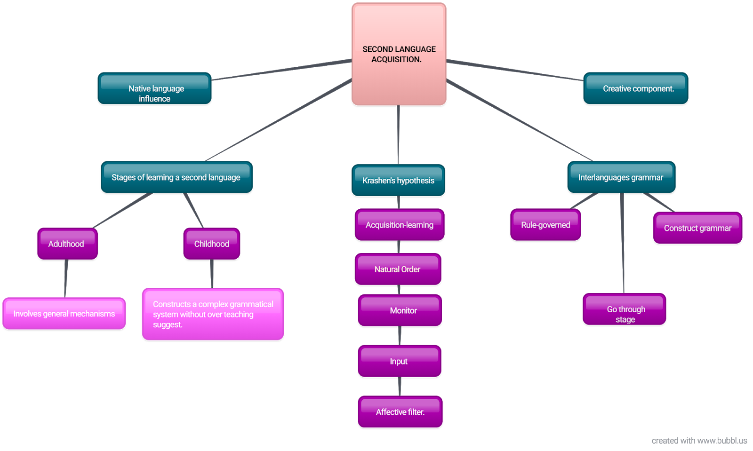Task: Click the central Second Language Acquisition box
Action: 399,54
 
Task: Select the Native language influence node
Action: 154,88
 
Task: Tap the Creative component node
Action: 635,88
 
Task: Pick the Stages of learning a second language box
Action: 176,177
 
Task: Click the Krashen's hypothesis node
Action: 398,180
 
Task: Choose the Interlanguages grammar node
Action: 621,177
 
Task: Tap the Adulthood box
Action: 67,244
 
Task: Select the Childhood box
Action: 212,244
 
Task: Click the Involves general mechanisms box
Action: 64,314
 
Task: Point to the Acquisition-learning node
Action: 400,225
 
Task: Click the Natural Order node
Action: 398,269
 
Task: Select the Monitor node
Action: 400,310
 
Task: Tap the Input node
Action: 399,361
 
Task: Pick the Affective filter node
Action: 400,412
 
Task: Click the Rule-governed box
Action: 545,225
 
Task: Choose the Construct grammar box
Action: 697,228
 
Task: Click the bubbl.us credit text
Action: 699,441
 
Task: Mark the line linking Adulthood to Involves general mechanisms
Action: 66,278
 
